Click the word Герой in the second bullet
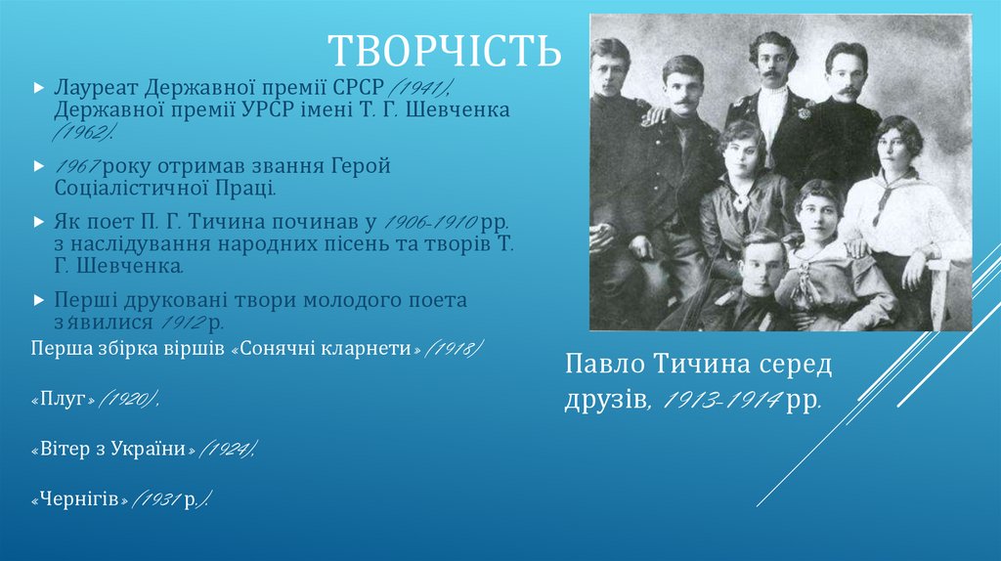[x=360, y=167]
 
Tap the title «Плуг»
[x=64, y=400]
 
